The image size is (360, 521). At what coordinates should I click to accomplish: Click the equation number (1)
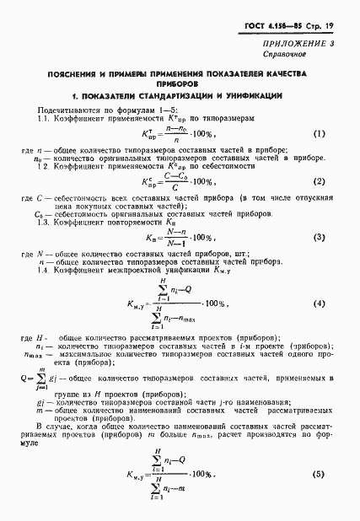point(320,134)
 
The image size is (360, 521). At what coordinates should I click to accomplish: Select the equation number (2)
point(320,181)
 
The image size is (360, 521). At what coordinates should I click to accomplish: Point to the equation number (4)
point(320,303)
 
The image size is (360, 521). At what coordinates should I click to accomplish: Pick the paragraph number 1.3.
point(42,223)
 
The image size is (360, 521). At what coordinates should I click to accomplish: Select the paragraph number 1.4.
point(42,271)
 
